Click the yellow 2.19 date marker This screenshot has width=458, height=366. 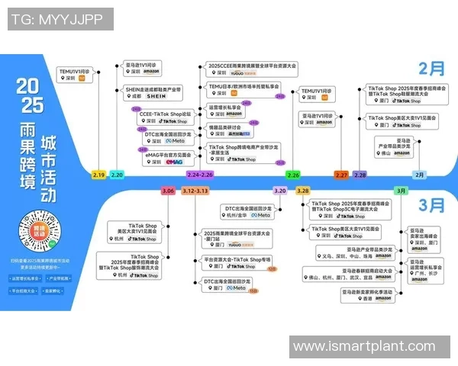click(x=99, y=175)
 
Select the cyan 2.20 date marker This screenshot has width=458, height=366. click(x=117, y=175)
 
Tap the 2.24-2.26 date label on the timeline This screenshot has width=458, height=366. click(x=200, y=175)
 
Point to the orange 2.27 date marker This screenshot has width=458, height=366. click(x=341, y=175)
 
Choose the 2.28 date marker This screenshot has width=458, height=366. click(x=360, y=175)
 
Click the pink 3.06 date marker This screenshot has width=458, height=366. click(x=168, y=191)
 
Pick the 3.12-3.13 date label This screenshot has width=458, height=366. click(x=195, y=191)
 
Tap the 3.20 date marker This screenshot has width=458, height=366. click(x=280, y=191)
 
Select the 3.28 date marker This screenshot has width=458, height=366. click(x=303, y=191)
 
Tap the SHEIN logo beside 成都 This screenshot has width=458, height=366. click(x=155, y=98)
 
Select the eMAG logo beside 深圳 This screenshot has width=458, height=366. click(x=173, y=162)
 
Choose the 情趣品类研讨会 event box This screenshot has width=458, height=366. click(x=231, y=130)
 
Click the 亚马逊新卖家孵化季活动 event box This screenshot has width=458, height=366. click(x=366, y=295)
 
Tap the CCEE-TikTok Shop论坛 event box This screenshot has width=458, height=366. click(x=163, y=117)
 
